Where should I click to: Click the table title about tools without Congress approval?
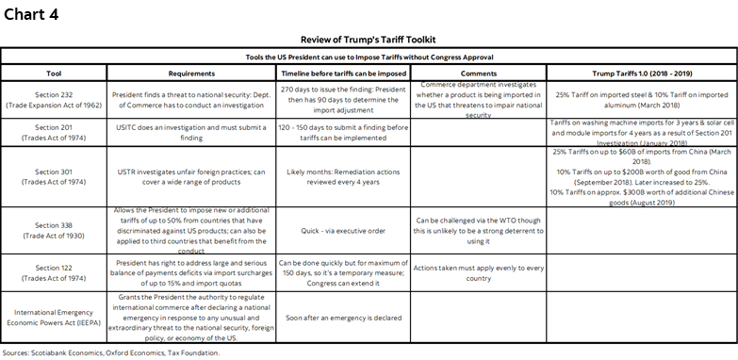pos(369,57)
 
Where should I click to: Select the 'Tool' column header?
pos(55,73)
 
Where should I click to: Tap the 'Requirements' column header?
pos(192,73)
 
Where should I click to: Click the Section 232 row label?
pos(55,97)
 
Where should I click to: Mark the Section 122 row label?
pos(55,272)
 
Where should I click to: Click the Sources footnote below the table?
pos(112,352)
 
